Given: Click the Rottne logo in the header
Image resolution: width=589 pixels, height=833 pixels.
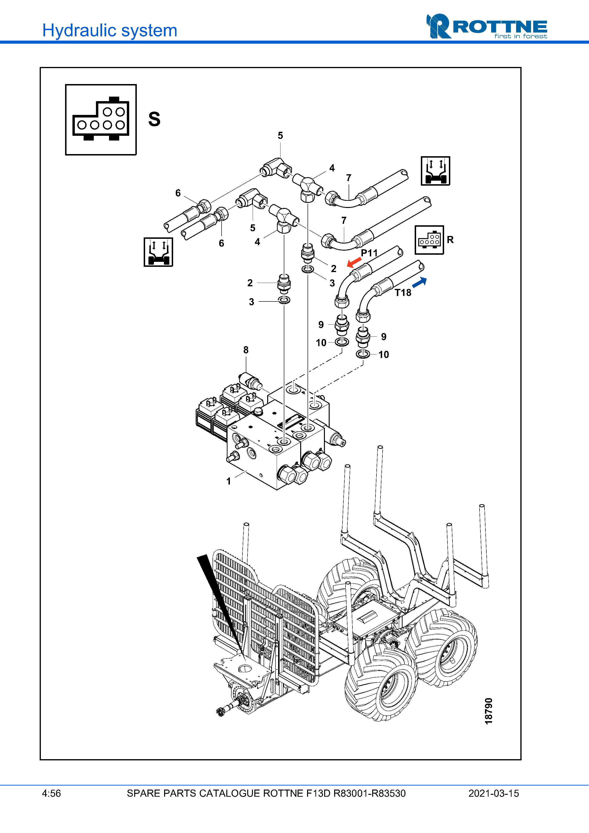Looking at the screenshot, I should pos(486,26).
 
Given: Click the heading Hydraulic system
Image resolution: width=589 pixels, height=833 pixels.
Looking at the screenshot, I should pos(109,30).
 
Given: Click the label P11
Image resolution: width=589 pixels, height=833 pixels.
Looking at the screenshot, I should pos(369,253).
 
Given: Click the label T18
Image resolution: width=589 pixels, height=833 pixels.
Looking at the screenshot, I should pos(403,292).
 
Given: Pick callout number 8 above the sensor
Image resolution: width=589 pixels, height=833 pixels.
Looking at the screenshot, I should pos(246,350).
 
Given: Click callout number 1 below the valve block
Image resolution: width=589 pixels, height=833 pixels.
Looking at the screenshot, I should pos(229,481).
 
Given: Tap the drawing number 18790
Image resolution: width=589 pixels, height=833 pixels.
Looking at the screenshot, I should pos(489,711).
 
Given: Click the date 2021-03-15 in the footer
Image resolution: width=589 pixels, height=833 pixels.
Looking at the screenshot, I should pos(494,793).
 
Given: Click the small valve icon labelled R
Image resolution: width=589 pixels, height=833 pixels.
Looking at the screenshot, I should pos(429,240).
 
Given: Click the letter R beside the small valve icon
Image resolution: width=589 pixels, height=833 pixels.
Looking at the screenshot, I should pos(450,240).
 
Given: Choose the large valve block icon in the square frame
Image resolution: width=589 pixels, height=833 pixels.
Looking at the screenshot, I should pos(101,120).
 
